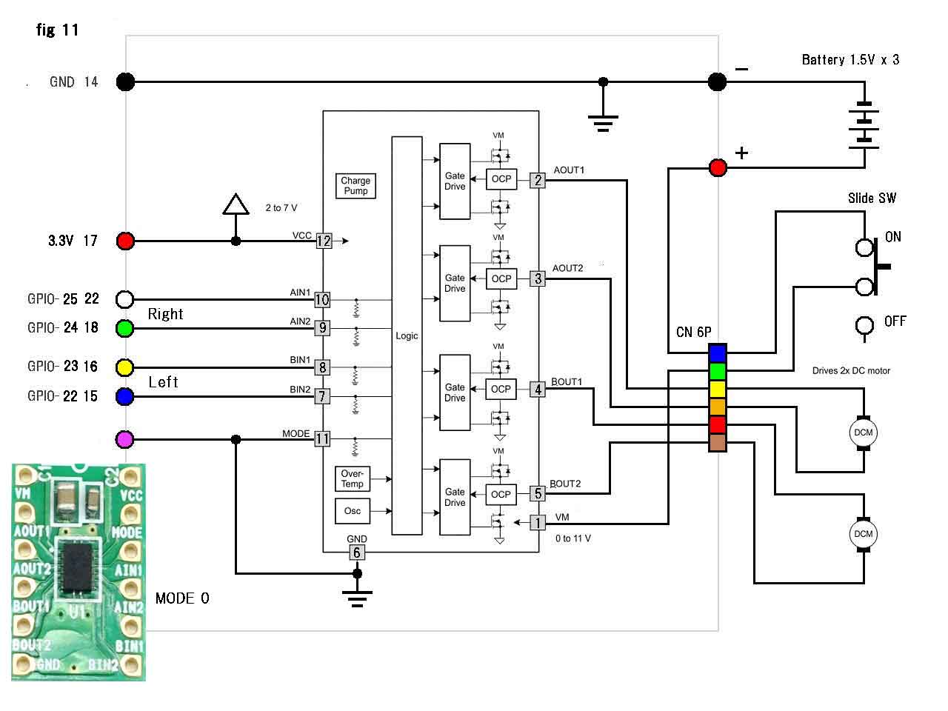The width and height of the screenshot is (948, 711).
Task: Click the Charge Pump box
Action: point(355,186)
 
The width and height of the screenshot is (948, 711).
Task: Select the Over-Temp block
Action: point(353,478)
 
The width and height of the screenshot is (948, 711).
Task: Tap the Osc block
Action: point(353,511)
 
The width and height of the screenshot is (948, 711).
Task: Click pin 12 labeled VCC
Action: point(324,241)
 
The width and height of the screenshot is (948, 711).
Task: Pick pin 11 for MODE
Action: point(322,439)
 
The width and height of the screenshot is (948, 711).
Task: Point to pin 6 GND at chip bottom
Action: point(357,553)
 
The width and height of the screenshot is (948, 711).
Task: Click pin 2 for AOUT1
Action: point(538,180)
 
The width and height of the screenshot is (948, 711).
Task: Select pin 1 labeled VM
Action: point(538,523)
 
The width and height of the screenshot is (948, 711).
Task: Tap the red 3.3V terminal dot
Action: point(126,241)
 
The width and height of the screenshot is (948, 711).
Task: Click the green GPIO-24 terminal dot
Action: point(126,327)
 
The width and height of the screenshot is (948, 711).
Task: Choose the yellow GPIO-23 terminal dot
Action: point(126,367)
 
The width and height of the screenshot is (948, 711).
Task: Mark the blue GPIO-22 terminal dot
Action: point(126,396)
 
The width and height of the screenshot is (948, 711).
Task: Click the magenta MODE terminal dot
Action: point(126,439)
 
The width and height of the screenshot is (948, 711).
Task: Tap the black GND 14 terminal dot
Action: point(126,81)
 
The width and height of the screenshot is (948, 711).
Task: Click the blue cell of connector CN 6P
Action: point(717,353)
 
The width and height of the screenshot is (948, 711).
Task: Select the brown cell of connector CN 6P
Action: point(717,443)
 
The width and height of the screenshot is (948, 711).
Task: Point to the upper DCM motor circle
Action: point(863,433)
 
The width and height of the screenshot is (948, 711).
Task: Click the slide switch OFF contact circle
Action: point(864,325)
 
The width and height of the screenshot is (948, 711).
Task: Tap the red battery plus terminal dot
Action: point(718,168)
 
